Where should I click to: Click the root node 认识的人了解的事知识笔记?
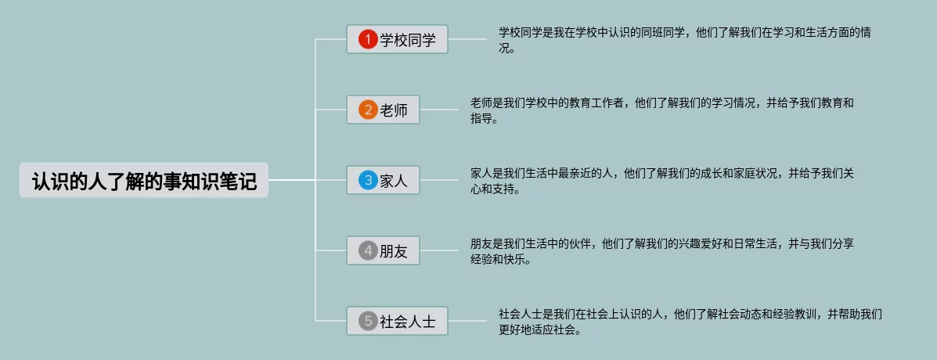point(144,180)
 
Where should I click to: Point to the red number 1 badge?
point(368,39)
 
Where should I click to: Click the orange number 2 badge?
point(368,110)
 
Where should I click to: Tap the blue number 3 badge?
point(368,181)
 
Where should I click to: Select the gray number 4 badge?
point(368,251)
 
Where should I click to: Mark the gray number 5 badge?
point(368,321)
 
